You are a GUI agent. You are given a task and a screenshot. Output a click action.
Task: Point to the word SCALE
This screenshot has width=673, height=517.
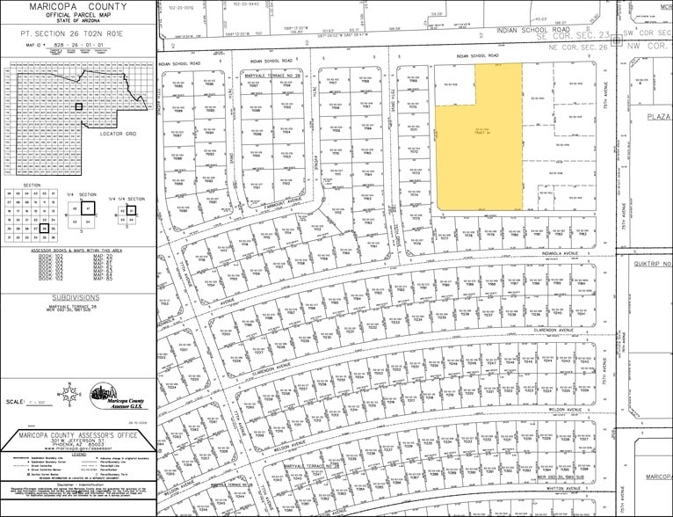point(16,401)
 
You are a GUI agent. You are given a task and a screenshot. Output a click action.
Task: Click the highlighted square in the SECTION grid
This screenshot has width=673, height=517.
point(43,228)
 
